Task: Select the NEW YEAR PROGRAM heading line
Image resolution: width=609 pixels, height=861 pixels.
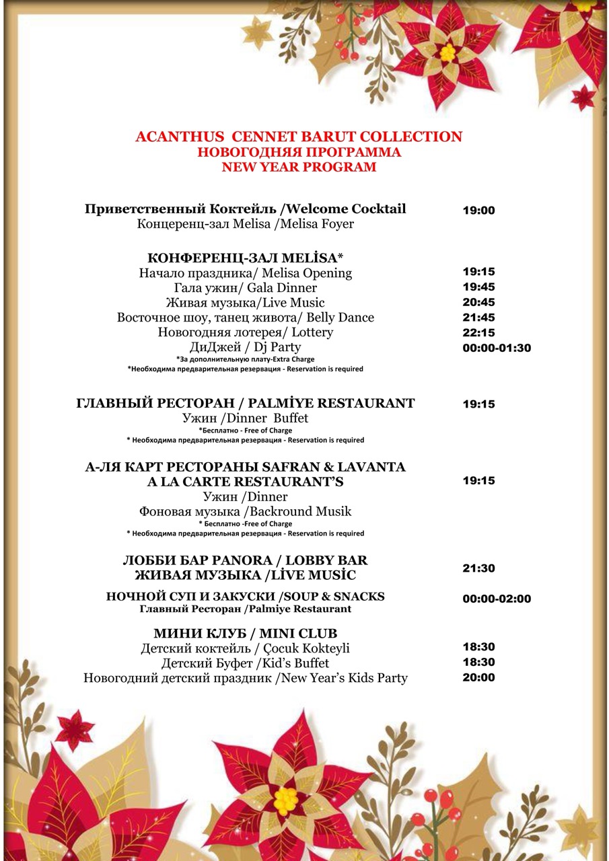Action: point(299,167)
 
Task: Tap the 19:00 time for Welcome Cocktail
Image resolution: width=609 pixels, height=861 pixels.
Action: point(478,211)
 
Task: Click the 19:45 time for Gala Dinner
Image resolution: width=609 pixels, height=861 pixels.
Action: point(478,287)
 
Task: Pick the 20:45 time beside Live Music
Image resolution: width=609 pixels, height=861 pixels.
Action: point(478,302)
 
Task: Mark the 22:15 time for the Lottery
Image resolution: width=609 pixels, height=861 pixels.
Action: point(478,333)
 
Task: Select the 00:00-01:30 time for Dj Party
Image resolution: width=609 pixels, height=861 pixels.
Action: point(497,348)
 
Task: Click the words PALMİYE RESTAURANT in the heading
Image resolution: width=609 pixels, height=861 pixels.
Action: point(331,404)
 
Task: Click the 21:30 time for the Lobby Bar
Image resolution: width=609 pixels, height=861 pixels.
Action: point(478,568)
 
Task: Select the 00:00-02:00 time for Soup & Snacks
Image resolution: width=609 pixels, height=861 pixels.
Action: point(497,599)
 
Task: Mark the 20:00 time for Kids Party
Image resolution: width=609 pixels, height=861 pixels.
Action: point(478,677)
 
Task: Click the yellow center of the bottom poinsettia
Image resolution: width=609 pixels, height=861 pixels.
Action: point(286,798)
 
